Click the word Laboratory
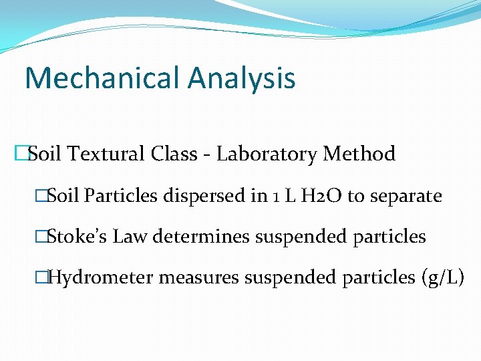[x=267, y=154]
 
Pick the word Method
[x=359, y=154]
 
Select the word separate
[x=406, y=197]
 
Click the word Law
[x=130, y=237]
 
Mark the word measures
[x=206, y=277]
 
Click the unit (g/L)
[x=443, y=277]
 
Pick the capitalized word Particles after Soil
[x=121, y=197]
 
